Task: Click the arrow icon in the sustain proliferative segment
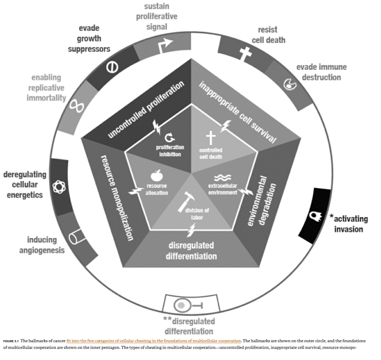(x=161, y=47)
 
